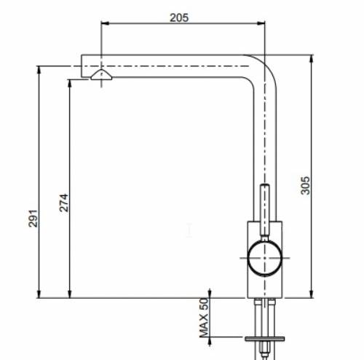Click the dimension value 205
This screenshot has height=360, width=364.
(x=178, y=17)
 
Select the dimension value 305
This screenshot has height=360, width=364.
(x=306, y=186)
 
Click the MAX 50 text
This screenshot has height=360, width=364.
(x=204, y=317)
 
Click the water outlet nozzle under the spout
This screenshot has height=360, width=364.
(x=101, y=76)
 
